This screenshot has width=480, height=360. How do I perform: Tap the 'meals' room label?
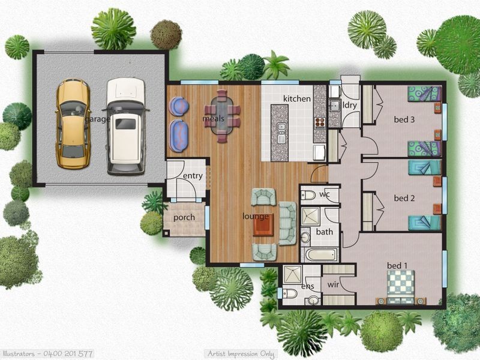pyautogui.click(x=213, y=119)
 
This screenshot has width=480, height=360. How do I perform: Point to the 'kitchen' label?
pyautogui.click(x=296, y=98)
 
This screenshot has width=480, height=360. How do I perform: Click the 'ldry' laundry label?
pyautogui.click(x=349, y=105)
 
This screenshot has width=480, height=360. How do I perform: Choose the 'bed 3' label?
pyautogui.click(x=404, y=119)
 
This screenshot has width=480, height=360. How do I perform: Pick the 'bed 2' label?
pyautogui.click(x=404, y=198)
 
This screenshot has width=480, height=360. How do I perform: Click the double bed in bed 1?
pyautogui.click(x=400, y=286)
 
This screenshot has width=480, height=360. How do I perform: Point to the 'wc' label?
pyautogui.click(x=325, y=195)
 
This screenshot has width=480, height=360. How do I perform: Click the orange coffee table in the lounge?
pyautogui.click(x=263, y=225)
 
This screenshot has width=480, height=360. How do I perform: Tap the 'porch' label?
pyautogui.click(x=184, y=217)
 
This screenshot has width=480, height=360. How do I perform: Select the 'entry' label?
pyautogui.click(x=193, y=176)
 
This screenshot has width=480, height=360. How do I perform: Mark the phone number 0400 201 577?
pyautogui.click(x=66, y=354)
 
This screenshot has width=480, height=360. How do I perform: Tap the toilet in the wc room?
pyautogui.click(x=308, y=194)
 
